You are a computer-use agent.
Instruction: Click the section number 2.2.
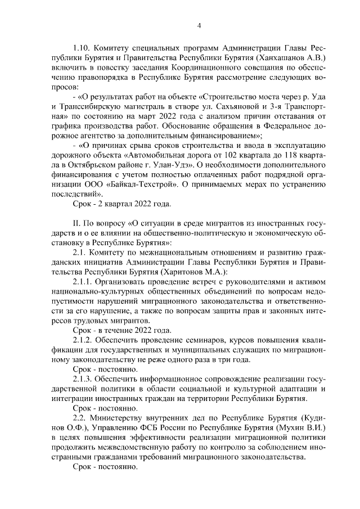pyautogui.click(x=82, y=420)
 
